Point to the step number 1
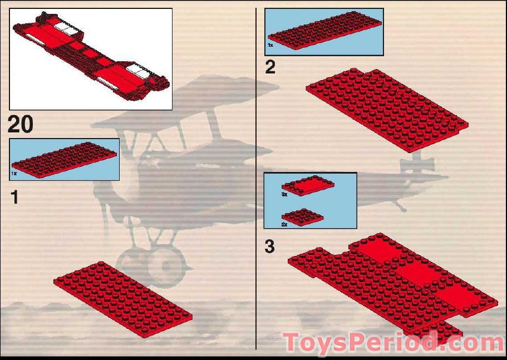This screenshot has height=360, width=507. (15, 196)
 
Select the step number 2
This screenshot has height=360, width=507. (270, 68)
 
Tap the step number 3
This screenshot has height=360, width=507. (270, 246)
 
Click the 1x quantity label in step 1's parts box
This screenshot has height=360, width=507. (14, 174)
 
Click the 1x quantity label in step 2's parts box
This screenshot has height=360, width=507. (270, 45)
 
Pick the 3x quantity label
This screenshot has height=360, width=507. (284, 195)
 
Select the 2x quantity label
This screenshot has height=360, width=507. (284, 224)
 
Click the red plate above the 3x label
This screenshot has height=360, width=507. (308, 185)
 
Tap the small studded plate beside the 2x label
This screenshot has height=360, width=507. (303, 216)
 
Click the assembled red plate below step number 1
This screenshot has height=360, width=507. (122, 298)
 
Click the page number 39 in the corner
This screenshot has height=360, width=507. (494, 347)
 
